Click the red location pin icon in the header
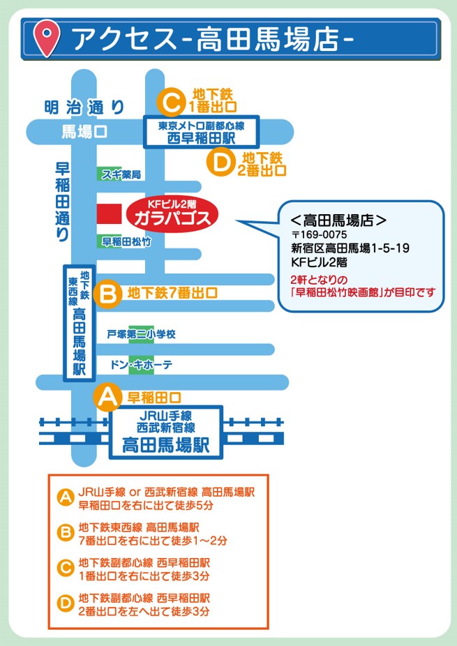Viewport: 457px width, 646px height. click(47, 38)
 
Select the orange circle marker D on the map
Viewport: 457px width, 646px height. click(220, 163)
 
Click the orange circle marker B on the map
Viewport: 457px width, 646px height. click(107, 294)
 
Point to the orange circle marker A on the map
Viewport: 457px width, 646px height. click(107, 397)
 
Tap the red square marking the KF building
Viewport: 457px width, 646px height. click(110, 214)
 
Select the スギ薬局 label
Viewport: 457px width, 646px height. click(121, 174)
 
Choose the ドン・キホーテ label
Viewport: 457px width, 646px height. click(141, 365)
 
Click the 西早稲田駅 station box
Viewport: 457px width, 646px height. click(202, 132)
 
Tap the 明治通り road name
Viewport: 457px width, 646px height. click(84, 107)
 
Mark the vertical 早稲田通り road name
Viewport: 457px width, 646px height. click(62, 202)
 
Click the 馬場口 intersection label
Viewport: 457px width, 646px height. click(84, 132)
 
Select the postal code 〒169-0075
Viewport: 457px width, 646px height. click(319, 234)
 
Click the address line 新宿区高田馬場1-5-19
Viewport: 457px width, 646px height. click(350, 248)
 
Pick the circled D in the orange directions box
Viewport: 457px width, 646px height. click(65, 604)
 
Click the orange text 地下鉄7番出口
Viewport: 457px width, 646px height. click(172, 293)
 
